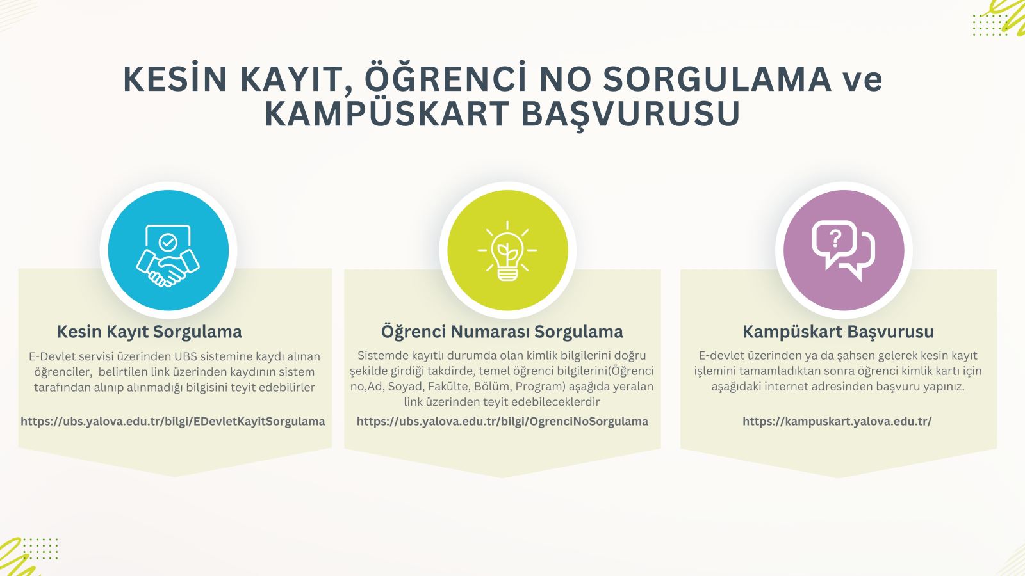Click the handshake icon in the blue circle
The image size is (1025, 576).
(x=168, y=255)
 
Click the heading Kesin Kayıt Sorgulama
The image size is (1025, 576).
(x=149, y=332)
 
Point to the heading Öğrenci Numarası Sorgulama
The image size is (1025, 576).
(x=502, y=332)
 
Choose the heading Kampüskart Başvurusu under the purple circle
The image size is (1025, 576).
(x=839, y=332)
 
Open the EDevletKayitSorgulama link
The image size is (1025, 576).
(x=173, y=421)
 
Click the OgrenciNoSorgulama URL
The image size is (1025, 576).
(x=502, y=421)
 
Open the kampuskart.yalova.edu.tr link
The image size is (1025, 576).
(x=837, y=421)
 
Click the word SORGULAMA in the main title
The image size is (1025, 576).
(x=717, y=79)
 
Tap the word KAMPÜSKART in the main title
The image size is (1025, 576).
(x=387, y=113)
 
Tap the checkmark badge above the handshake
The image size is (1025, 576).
(x=168, y=243)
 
